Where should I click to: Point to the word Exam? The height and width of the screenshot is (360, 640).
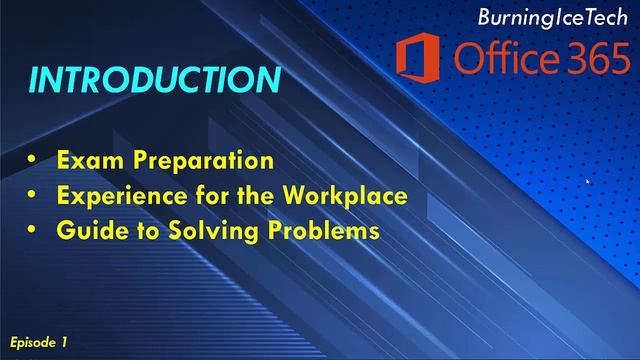[x=81, y=160]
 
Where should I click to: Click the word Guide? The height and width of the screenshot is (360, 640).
[x=85, y=230]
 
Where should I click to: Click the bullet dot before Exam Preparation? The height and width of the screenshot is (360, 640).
[x=34, y=161]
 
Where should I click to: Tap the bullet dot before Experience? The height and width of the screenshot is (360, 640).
[x=34, y=196]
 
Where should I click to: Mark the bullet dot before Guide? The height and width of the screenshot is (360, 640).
[x=34, y=231]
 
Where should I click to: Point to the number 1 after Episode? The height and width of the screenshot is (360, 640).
[x=64, y=342]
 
